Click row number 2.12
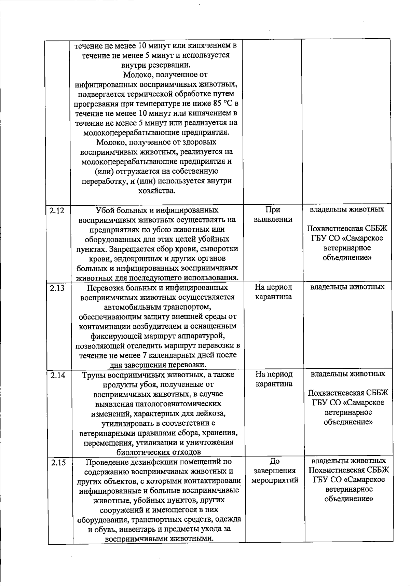[x=57, y=210]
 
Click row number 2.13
[x=57, y=288]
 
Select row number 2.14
[x=57, y=375]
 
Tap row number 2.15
[x=58, y=463]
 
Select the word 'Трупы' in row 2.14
[x=94, y=375]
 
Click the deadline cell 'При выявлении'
[x=273, y=215]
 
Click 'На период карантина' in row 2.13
[x=273, y=292]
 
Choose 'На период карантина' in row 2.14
[x=274, y=379]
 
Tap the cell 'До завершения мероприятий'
[x=275, y=471]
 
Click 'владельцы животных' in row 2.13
[x=347, y=287]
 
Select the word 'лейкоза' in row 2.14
[x=214, y=414]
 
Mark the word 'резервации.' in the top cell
[x=172, y=65]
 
